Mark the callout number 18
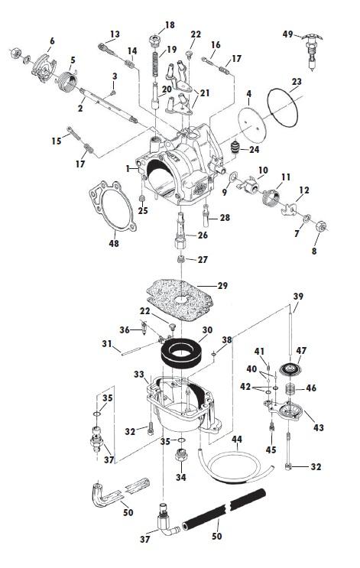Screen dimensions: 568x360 [x=170, y=25]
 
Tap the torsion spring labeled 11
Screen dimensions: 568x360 [x=265, y=200]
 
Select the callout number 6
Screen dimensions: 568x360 [x=52, y=41]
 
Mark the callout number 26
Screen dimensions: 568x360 [x=203, y=235]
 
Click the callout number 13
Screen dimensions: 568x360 [x=115, y=34]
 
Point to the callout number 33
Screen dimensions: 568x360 [x=138, y=375]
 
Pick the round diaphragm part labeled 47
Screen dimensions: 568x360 [x=290, y=366]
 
